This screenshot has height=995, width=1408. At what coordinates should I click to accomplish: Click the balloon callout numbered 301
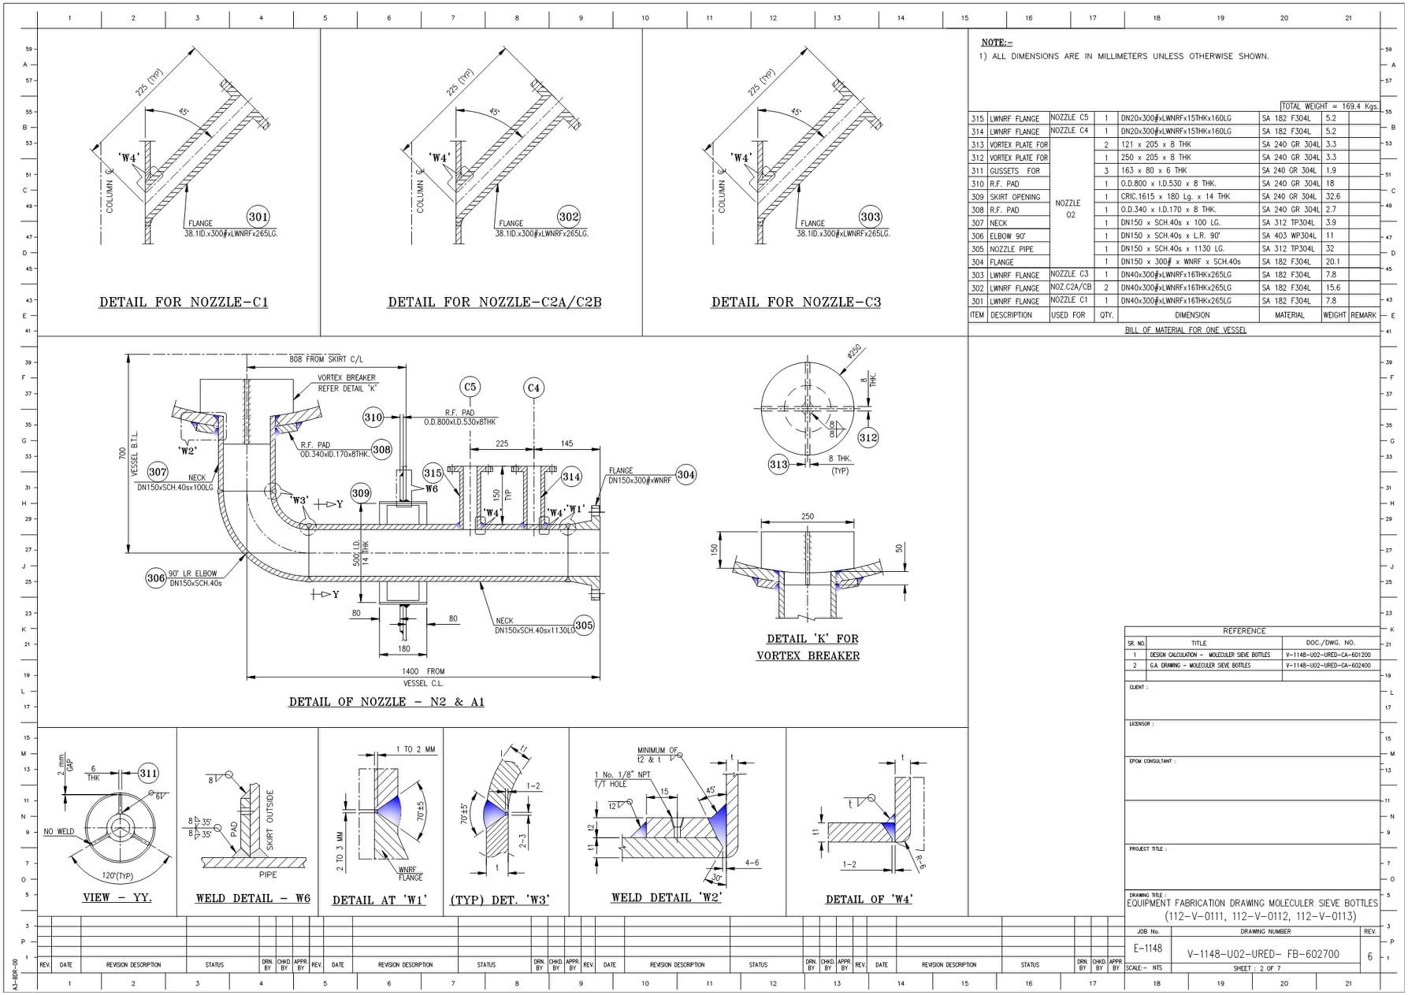click(258, 217)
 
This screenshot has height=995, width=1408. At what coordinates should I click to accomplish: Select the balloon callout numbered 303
click(871, 217)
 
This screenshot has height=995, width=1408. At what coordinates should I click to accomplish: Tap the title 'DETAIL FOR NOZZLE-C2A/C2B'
click(494, 303)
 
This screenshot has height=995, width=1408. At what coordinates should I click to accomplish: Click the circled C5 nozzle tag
click(470, 387)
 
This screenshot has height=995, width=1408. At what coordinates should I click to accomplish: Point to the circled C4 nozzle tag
click(533, 388)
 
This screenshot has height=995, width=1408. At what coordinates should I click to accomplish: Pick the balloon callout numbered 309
click(361, 494)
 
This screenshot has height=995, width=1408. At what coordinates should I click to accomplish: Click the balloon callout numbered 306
click(156, 578)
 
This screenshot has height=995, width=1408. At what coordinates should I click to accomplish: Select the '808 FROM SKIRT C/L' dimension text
click(326, 359)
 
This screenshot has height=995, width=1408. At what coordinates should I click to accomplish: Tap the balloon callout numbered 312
click(868, 438)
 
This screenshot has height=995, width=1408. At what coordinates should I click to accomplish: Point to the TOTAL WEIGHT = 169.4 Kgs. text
click(1329, 106)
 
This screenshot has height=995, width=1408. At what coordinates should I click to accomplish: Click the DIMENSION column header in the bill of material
click(1192, 315)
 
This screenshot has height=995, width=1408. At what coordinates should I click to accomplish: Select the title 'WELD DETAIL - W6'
click(253, 899)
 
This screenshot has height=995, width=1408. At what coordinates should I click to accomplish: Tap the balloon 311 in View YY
click(148, 774)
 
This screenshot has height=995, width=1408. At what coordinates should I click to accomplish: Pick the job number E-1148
click(1146, 949)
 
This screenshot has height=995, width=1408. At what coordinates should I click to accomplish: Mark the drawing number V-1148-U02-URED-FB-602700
click(1263, 954)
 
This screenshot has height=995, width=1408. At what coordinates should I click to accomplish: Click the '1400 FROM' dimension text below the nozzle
click(423, 672)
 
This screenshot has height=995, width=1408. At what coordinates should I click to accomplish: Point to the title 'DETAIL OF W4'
click(869, 900)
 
